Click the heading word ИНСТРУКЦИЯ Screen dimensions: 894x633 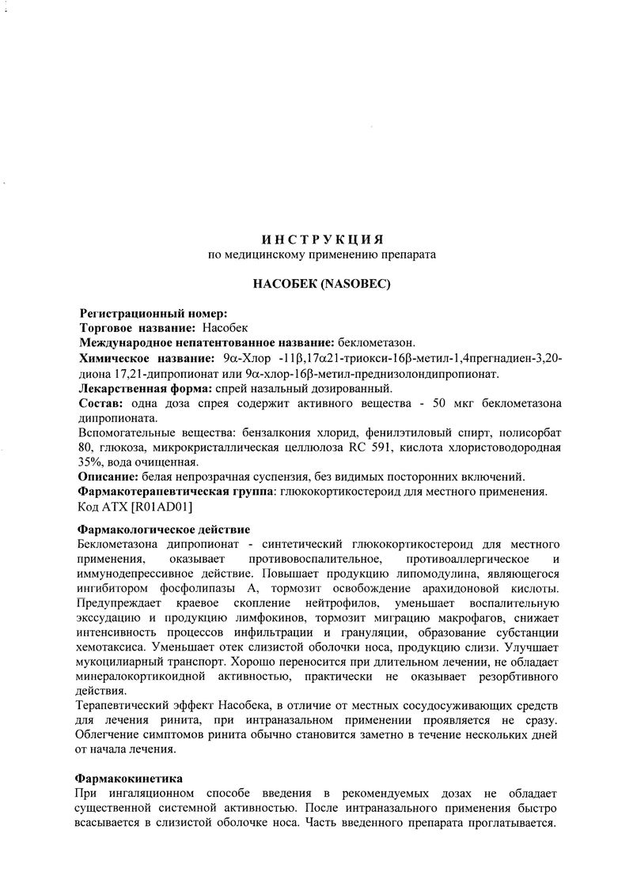322,238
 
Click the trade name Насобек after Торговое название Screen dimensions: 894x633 225,327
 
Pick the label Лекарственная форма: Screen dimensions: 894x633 144,388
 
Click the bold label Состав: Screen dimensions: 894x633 97,403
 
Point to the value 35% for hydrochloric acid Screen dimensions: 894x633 93,462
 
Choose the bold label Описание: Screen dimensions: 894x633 108,477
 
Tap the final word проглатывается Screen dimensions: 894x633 512,823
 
